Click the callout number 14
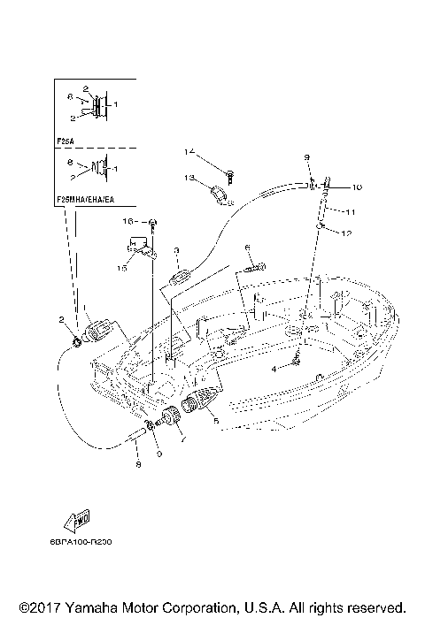189,151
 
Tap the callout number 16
127,220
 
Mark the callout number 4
274,368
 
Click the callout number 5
215,422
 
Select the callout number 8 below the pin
137,462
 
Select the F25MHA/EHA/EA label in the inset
88,201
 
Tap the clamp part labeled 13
220,192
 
